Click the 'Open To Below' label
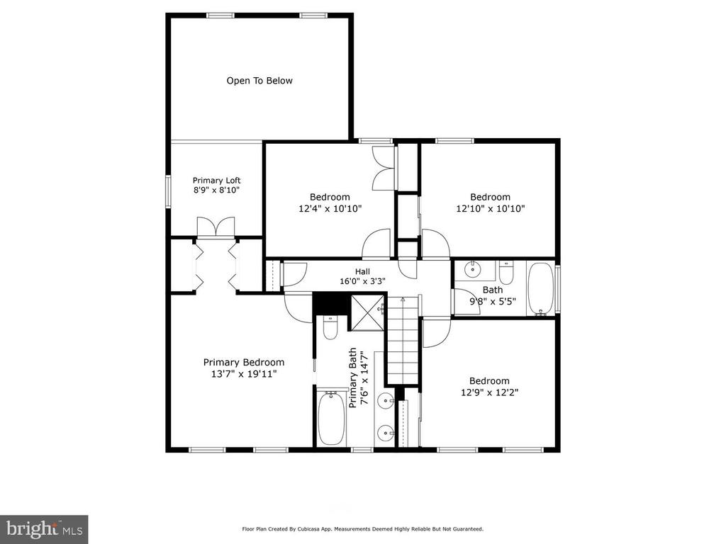pyautogui.click(x=259, y=81)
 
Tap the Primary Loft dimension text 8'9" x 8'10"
pyautogui.click(x=217, y=190)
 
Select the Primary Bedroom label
pyautogui.click(x=244, y=362)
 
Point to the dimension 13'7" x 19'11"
pyautogui.click(x=244, y=374)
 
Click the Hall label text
pyautogui.click(x=362, y=271)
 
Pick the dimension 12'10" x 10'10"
pyautogui.click(x=491, y=208)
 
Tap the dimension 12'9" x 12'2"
pyautogui.click(x=489, y=392)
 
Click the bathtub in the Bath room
pyautogui.click(x=540, y=289)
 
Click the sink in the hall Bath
pyautogui.click(x=473, y=268)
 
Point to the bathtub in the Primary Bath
pyautogui.click(x=331, y=418)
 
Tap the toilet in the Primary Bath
pyautogui.click(x=330, y=327)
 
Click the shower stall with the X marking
pyautogui.click(x=368, y=313)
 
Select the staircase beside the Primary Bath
pyautogui.click(x=403, y=340)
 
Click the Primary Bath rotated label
pyautogui.click(x=358, y=378)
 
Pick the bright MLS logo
pyautogui.click(x=44, y=528)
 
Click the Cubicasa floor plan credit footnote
pyautogui.click(x=362, y=528)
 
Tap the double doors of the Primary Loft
pyautogui.click(x=216, y=227)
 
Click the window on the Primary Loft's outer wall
pyautogui.click(x=169, y=191)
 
